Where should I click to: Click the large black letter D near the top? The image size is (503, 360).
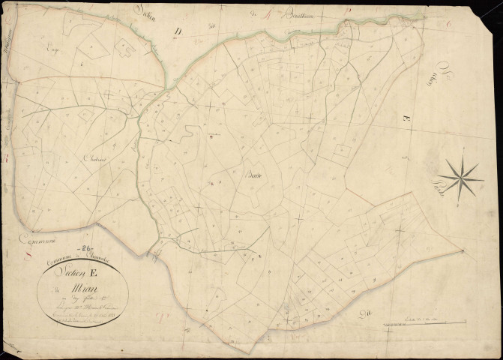178,31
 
